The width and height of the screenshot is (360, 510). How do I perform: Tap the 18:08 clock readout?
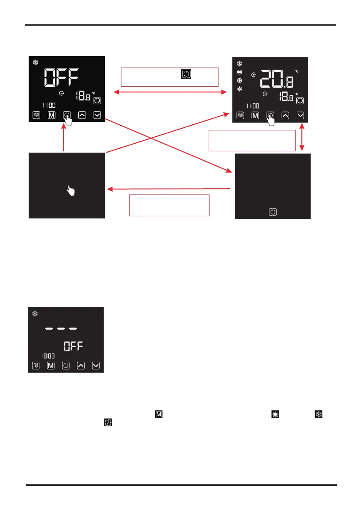[x=47, y=355]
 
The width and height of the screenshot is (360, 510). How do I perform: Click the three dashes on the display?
[x=61, y=329]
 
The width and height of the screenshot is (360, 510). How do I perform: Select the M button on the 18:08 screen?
[x=51, y=366]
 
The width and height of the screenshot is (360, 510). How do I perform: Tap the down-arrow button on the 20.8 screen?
[x=301, y=115]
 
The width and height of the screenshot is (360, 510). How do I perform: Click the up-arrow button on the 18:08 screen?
[x=81, y=366]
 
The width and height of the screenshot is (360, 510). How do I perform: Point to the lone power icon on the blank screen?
[x=273, y=212]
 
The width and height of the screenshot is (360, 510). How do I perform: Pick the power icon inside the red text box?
[x=186, y=74]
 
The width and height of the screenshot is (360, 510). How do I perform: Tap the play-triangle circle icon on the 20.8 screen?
[x=239, y=80]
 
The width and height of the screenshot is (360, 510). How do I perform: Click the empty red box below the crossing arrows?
[x=169, y=205]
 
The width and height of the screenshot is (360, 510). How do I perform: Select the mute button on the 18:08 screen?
[x=36, y=366]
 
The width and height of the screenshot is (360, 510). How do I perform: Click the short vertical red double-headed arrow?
[x=302, y=138]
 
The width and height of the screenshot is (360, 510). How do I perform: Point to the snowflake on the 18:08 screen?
[x=35, y=313]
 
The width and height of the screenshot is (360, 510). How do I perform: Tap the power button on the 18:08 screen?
[x=66, y=366]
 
